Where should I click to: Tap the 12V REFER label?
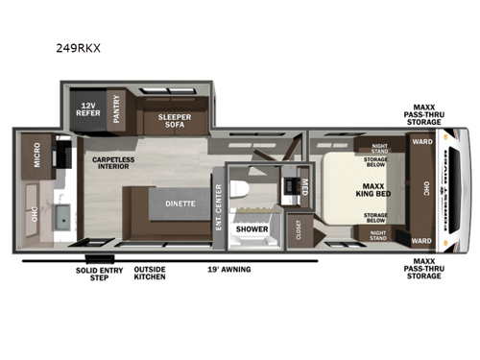87,108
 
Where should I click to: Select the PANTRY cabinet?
114,108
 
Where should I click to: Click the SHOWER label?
252,228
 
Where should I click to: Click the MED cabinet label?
303,184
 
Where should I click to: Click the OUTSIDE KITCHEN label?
149,273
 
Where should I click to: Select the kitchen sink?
60,217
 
